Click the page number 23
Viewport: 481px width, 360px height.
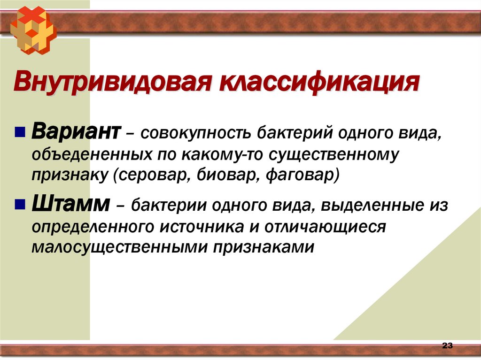coord(447,346)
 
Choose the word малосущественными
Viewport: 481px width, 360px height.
coord(119,247)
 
